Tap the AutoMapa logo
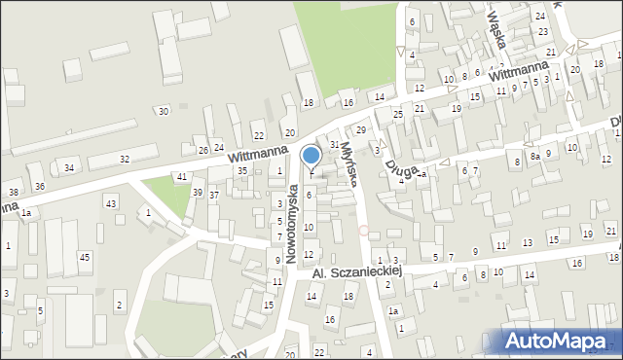pos(562,341)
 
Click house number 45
pos(85,257)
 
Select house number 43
pos(112,202)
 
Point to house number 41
pos(181,176)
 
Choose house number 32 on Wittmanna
pos(124,159)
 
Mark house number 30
pos(163,111)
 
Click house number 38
pos(14,193)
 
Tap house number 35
pos(242,171)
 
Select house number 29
pos(360,129)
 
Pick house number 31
pos(334,144)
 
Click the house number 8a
pos(534,156)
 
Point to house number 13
pos(528,242)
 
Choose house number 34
pos(69,168)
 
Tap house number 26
pos(203,150)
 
